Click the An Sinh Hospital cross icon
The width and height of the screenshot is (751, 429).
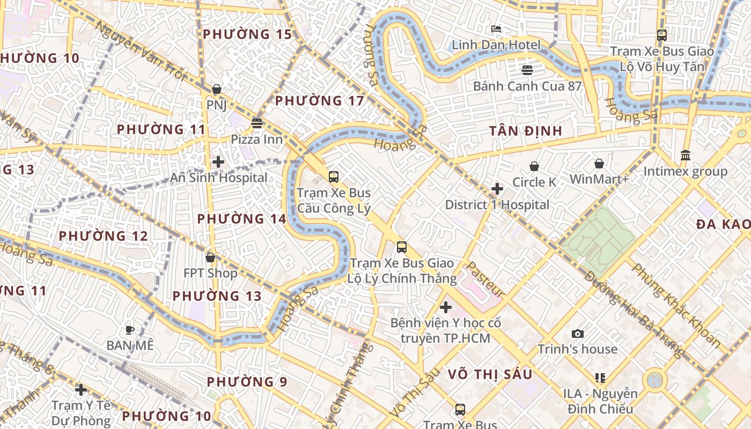pos(218,161)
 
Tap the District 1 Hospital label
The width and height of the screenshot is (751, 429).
pos(497,205)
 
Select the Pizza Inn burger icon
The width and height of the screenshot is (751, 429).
pos(257,123)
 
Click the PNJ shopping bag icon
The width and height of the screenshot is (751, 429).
pos(217,89)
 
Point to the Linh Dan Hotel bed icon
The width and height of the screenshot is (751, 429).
pos(496,28)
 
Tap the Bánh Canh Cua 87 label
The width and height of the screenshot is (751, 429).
pos(527,86)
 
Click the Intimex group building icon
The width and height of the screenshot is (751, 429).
pos(685,156)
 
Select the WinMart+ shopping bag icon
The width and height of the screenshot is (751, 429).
pos(599,163)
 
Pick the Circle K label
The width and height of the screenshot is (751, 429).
pos(534,182)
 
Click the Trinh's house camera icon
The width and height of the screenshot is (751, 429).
pos(577,334)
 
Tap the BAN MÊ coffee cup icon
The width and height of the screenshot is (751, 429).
pos(129,329)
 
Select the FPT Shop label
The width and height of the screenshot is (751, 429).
pos(210,273)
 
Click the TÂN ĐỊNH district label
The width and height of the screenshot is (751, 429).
pos(526,131)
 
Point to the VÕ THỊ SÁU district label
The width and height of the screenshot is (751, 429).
pos(489,374)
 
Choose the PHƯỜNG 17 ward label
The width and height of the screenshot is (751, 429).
pos(319,101)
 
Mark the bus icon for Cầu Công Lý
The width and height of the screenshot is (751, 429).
pos(334,176)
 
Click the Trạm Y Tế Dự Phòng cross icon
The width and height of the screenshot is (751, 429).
pos(81,389)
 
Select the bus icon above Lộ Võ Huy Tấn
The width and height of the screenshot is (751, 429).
pos(661,35)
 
